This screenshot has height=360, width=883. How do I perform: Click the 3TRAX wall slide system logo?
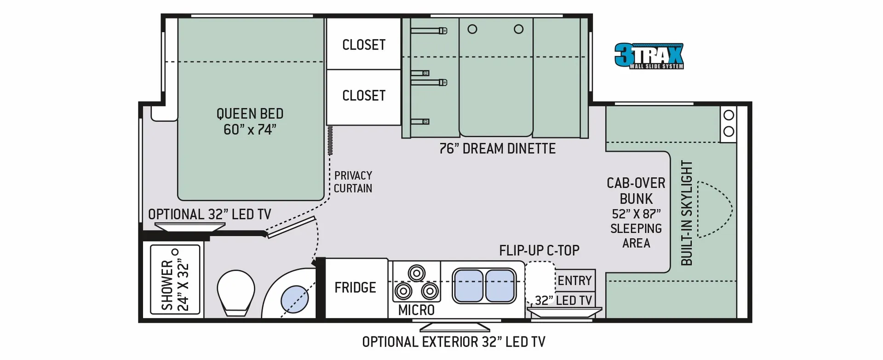pos(649,56)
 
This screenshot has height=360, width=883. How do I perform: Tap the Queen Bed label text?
pos(250,121)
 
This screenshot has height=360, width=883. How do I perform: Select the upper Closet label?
pos(364,45)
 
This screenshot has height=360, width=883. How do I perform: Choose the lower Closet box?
pos(364,97)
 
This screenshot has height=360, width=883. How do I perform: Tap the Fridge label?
pos(355,287)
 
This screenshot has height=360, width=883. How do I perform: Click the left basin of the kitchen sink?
pos(468,286)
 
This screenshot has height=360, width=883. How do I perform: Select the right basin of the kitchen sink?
pos(500,286)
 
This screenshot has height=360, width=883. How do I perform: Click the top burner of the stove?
pos(417,273)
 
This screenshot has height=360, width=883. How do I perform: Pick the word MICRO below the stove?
pos(416,310)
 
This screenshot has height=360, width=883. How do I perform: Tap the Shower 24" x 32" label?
pos(175,279)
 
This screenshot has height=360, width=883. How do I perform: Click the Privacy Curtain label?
pos(353,182)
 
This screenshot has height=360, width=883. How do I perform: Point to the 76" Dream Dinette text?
pos(497,149)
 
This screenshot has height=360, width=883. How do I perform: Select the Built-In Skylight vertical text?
pos(686,213)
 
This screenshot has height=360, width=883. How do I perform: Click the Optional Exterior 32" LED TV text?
pos(453,342)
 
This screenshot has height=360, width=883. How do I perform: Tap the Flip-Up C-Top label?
pos(539,251)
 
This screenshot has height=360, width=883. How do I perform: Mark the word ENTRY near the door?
pos(574,280)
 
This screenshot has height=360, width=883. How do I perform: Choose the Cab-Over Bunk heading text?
pos(636,191)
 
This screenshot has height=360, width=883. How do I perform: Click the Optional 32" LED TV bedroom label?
pos(209,214)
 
